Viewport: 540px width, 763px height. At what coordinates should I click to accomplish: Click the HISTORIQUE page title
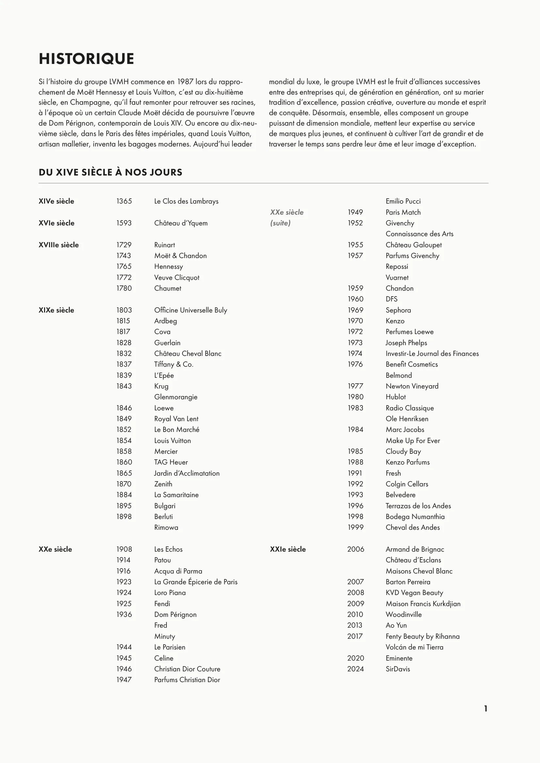pos(86,59)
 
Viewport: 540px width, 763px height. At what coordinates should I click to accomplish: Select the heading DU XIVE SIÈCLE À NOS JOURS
pos(110,172)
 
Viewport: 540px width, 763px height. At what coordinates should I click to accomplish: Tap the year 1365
pos(124,201)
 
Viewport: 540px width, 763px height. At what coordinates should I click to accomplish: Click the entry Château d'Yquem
pos(181,223)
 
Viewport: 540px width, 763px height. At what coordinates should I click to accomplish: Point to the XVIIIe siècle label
pos(58,245)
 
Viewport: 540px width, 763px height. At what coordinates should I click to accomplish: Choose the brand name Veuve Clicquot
pos(177,278)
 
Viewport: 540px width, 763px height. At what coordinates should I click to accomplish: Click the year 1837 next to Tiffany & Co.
pos(124,364)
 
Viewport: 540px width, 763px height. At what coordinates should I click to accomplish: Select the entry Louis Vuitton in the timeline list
pos(172,441)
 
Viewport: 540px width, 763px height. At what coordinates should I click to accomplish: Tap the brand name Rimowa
pos(166,527)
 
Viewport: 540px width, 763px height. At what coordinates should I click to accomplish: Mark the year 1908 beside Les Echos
pos(124,549)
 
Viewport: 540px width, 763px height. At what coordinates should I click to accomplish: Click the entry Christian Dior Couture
pos(187,669)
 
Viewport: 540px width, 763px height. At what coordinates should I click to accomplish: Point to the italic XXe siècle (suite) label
pos(287,217)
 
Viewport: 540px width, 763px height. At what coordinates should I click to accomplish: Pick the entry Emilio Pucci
pos(403,201)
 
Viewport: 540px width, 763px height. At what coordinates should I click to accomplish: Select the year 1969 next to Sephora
pos(356,310)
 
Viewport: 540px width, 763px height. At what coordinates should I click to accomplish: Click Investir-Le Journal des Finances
pos(432,354)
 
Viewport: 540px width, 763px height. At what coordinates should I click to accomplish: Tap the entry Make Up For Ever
pos(413,441)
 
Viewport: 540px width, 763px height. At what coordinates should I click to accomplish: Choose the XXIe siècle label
pos(288,549)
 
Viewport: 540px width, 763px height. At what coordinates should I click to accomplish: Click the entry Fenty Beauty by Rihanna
pos(422,636)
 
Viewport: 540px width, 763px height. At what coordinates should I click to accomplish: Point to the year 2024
pos(356,669)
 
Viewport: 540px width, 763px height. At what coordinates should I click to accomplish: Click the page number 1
pos(485,709)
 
